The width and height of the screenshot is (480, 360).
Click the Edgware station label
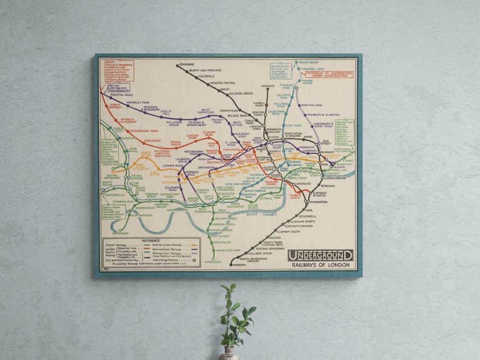tap(187, 65)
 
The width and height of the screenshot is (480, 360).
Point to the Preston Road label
tap(121, 95)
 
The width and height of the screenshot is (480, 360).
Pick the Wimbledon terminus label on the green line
tap(213, 262)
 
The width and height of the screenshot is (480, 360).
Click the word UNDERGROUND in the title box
tap(320, 255)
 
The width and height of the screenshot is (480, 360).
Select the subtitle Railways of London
tap(320, 265)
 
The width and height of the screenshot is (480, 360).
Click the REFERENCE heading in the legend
tap(151, 240)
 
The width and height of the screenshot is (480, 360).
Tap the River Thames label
tap(260, 214)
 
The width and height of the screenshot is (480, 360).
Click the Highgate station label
tap(268, 86)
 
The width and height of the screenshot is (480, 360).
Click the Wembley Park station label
tap(138, 103)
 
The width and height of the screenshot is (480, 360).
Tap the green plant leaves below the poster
tap(236, 314)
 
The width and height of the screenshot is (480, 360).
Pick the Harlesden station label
tap(152, 141)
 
